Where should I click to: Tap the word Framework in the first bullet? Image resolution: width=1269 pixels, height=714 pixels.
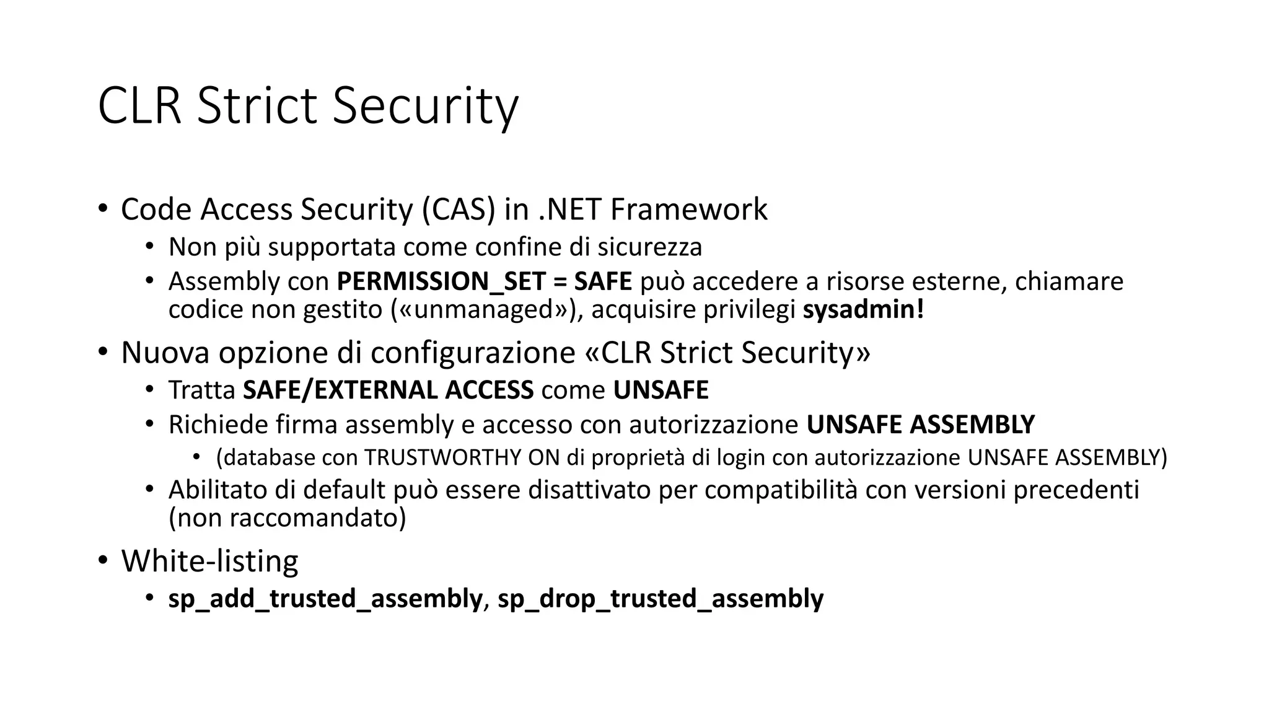click(688, 209)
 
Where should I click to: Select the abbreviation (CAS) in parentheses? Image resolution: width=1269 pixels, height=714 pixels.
click(459, 209)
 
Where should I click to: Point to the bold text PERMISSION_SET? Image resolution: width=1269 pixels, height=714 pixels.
click(441, 282)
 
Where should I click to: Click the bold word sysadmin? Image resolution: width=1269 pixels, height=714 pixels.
click(863, 309)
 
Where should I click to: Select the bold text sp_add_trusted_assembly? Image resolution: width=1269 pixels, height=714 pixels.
click(325, 599)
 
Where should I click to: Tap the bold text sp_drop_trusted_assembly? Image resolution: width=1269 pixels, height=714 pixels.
click(661, 599)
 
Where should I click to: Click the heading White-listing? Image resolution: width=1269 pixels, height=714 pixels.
click(209, 561)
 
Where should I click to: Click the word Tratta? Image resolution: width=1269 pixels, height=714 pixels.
click(201, 390)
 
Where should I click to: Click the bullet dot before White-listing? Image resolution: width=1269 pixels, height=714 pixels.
click(103, 561)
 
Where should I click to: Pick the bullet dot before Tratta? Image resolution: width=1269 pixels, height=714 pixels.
click(149, 390)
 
